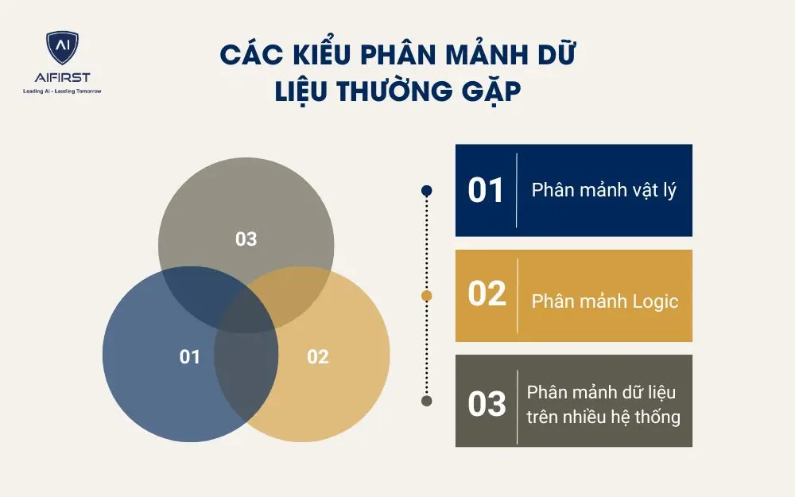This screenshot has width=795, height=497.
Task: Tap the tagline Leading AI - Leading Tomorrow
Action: tap(62, 91)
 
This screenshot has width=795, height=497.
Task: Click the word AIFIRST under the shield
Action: tap(62, 78)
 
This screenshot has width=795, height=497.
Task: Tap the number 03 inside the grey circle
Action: tap(246, 238)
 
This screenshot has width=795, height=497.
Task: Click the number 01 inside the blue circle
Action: tap(190, 356)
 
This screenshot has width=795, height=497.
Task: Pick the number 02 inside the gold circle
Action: tap(317, 356)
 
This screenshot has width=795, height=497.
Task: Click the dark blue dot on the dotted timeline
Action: tap(427, 191)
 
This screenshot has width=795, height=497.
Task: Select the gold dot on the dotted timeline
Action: tap(427, 296)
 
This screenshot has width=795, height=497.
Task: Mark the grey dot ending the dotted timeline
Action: tap(427, 401)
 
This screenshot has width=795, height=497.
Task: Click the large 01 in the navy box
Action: tap(487, 191)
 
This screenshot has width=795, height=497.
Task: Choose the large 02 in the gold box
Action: tap(487, 294)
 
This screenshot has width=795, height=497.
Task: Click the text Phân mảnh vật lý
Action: tap(604, 191)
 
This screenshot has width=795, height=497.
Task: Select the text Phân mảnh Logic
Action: tap(605, 301)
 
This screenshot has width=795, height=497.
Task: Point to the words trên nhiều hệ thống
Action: tap(604, 416)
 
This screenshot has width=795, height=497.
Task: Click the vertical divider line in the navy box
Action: tap(517, 191)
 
